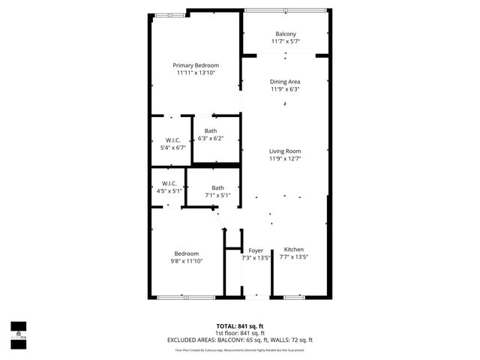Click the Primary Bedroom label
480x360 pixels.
point(196,65)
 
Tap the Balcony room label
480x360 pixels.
point(285,34)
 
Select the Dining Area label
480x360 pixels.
point(285,81)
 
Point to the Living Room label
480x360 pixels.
point(285,151)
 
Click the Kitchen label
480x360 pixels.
point(293,249)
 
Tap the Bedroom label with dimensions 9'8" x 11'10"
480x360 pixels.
point(187,253)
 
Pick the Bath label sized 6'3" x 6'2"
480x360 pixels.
point(211,131)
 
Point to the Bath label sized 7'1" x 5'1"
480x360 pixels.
point(217,187)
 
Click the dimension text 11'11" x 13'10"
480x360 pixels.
point(196,73)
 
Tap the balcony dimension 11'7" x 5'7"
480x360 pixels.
point(285,41)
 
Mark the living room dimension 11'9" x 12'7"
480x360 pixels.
point(285,158)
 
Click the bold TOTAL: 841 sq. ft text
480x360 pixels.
point(239,325)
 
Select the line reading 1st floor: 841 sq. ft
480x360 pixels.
point(239,333)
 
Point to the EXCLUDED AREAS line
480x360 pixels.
point(239,340)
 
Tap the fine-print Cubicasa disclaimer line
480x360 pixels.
point(239,349)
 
